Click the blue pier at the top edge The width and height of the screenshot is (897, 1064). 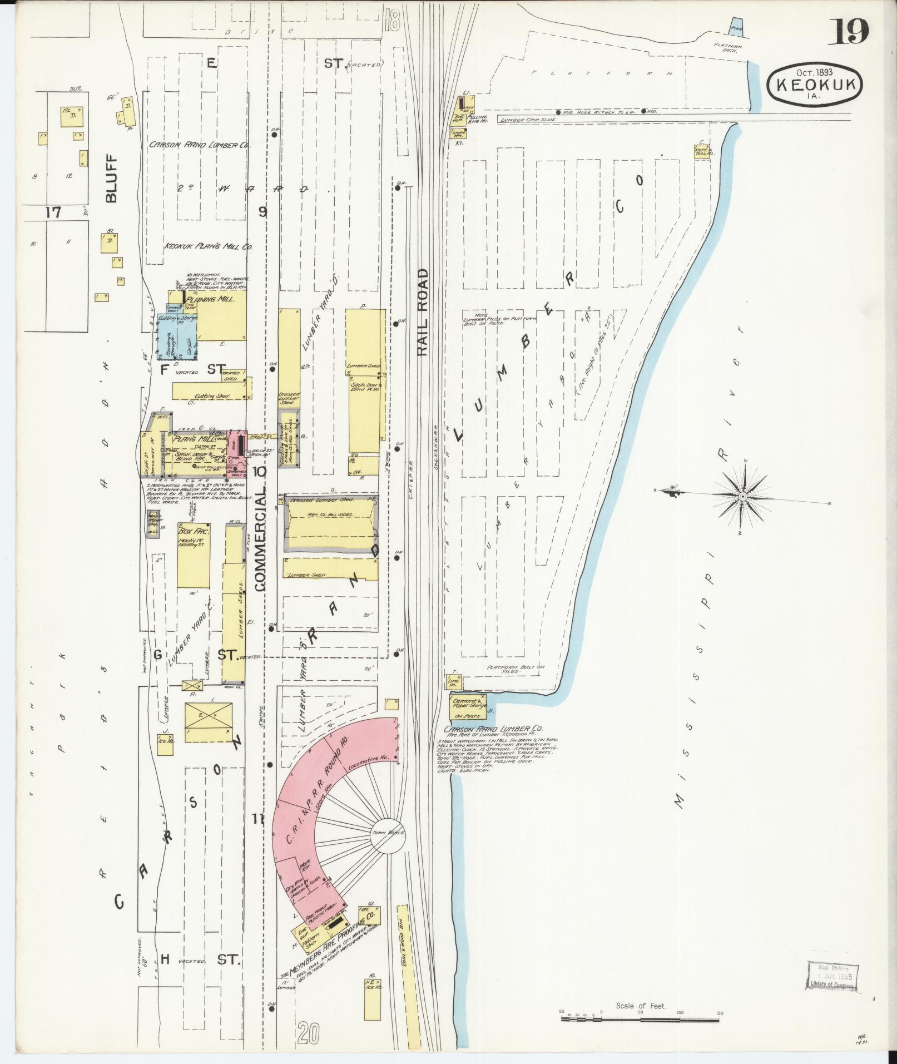(736, 28)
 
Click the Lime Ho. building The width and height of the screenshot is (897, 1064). (452, 682)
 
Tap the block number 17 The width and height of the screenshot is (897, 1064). (53, 212)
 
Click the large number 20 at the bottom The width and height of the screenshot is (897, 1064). (309, 1035)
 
